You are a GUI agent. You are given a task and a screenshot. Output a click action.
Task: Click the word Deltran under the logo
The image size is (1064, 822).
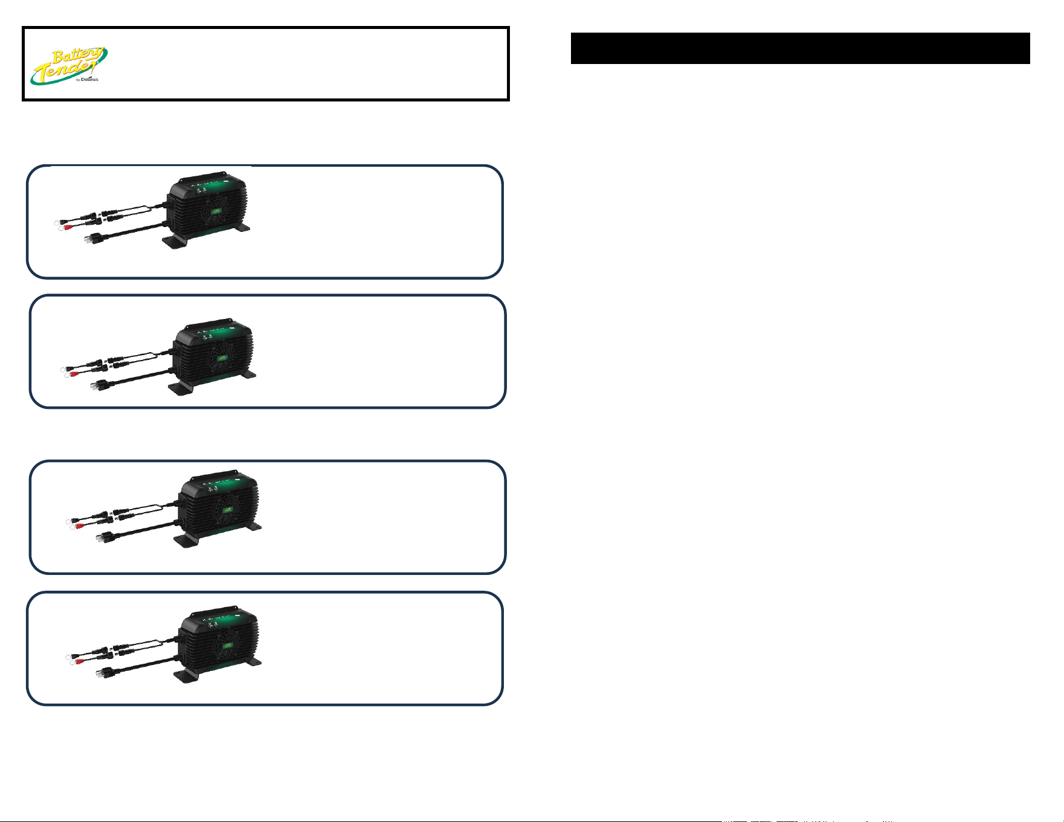89,79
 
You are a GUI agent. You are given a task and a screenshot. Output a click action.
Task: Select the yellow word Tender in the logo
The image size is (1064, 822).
64,71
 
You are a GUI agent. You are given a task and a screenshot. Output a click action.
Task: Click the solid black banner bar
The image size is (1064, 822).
800,48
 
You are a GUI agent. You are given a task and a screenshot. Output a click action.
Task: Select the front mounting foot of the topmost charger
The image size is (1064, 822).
176,242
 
